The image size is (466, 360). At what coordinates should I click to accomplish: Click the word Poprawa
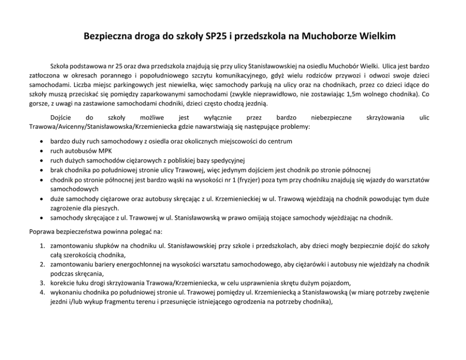41,232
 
